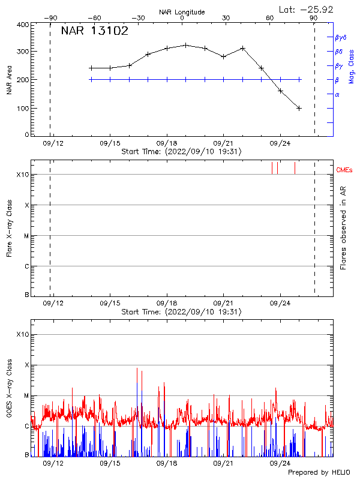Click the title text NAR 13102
point(95,32)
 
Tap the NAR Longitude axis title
point(182,12)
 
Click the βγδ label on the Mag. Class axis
point(340,37)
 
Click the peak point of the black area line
point(186,45)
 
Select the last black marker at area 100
point(299,108)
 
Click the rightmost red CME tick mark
point(295,168)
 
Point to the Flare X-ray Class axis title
point(9,228)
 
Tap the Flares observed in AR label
point(343,228)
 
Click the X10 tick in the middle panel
point(23,175)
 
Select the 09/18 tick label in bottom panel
point(166,464)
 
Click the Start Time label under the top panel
point(181,152)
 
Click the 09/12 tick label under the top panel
point(53,143)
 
